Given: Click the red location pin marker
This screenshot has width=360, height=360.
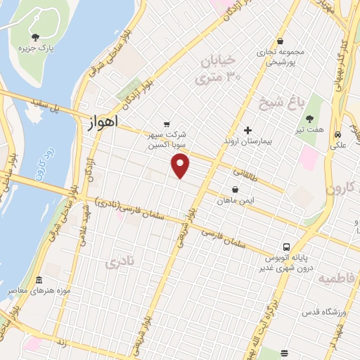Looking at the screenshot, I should (x=181, y=166).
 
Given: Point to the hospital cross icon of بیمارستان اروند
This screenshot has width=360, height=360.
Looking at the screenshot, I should (x=247, y=129).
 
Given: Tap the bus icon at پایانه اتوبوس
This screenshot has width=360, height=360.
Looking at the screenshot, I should (x=286, y=247).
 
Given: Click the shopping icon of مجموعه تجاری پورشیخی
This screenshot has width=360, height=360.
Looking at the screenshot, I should (x=281, y=41).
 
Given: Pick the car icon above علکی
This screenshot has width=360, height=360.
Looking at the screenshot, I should (x=338, y=134).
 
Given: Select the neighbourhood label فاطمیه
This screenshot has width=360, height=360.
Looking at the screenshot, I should (x=337, y=278).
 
